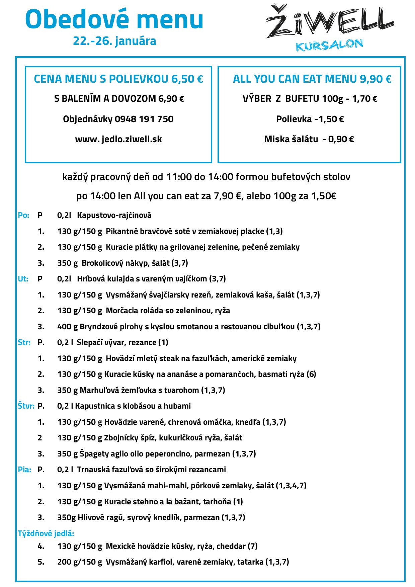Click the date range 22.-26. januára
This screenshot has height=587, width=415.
[x=114, y=41]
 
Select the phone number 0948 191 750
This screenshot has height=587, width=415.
[x=144, y=119]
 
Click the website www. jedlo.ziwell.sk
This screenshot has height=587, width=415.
[x=118, y=139]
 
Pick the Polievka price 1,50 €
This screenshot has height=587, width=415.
[x=331, y=119]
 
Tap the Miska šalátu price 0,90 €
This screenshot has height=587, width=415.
[x=341, y=139]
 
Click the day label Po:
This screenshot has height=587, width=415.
[x=23, y=215]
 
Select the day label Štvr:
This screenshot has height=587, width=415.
[x=26, y=406]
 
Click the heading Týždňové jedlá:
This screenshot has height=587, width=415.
[x=46, y=533]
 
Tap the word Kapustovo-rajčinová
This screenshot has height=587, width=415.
[x=114, y=215]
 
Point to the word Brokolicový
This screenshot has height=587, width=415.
[x=102, y=263]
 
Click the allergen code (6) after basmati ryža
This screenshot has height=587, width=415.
[x=311, y=374]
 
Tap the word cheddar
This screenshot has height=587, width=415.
[x=231, y=546]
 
